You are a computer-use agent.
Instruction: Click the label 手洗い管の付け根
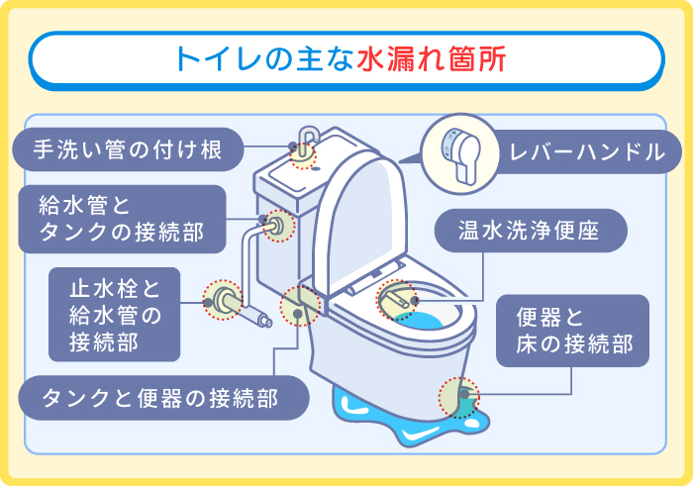[x=126, y=150]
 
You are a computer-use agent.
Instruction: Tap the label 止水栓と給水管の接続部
[x=114, y=314]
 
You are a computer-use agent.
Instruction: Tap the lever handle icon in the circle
[x=456, y=150]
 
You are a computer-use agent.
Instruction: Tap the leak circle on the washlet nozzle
[x=396, y=299]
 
